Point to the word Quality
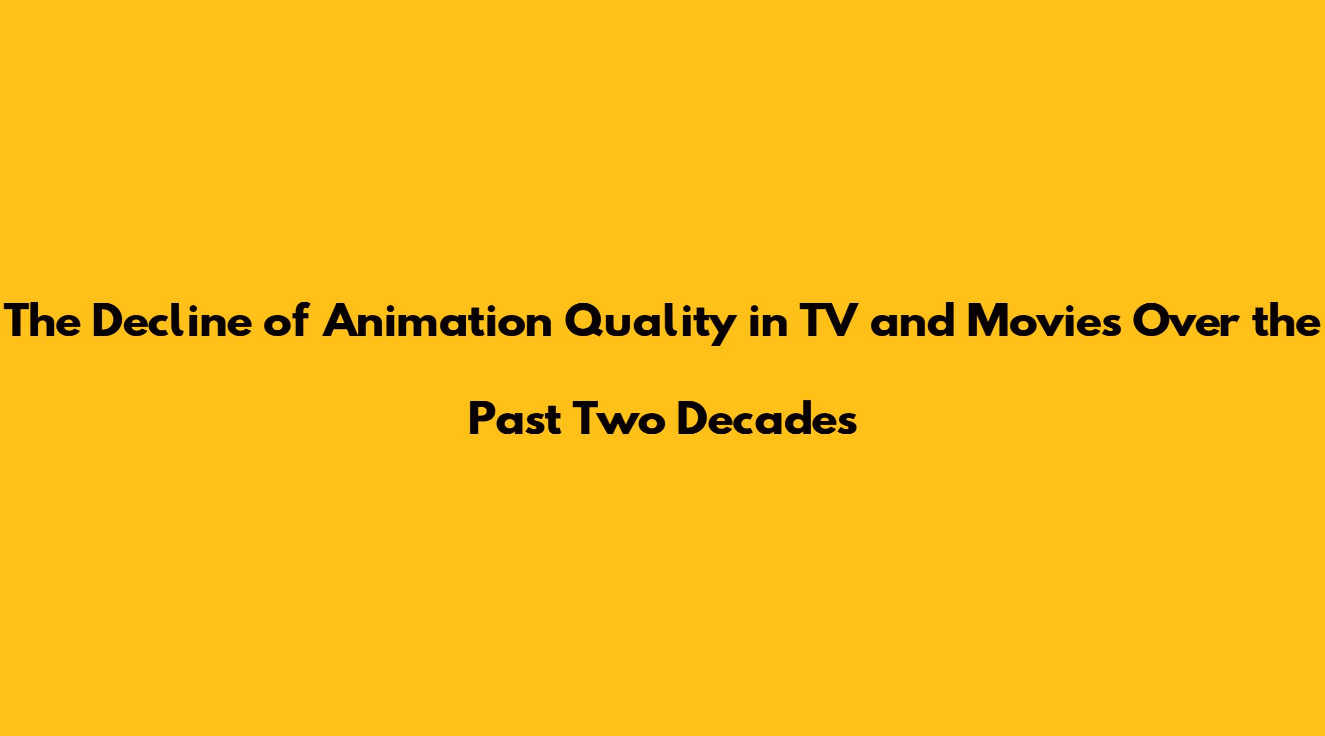click(649, 324)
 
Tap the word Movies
click(1044, 321)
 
